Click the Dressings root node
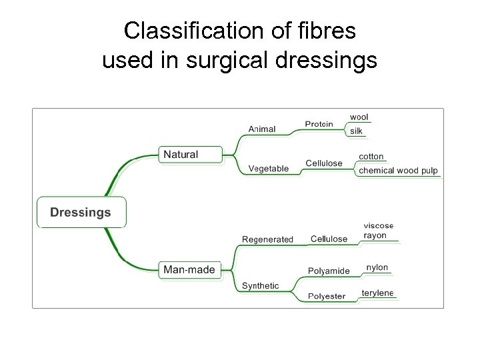81,213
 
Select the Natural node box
181,154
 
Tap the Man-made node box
189,269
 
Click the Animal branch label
262,129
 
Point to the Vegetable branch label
269,169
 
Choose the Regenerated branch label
267,239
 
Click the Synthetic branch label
260,286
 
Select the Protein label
319,124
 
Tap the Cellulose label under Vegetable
324,163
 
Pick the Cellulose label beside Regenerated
329,239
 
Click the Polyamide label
329,271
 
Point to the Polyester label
327,296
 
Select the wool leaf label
359,117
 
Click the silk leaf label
357,131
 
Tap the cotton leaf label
371,157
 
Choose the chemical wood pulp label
398,171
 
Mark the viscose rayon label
378,231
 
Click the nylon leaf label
377,267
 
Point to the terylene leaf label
377,293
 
